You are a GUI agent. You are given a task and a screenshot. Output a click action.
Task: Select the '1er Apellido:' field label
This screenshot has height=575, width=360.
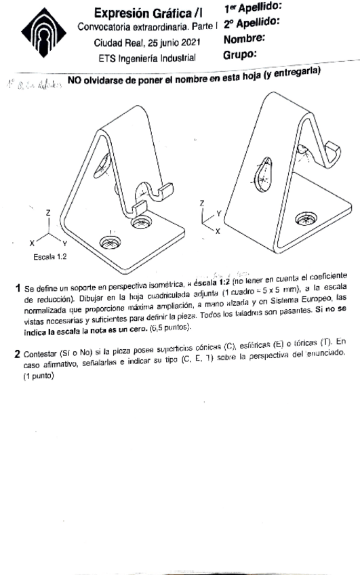252,8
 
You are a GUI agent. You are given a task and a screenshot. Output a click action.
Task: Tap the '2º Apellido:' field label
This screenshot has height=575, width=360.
253,24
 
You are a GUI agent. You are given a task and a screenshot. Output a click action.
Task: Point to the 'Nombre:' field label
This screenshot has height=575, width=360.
245,39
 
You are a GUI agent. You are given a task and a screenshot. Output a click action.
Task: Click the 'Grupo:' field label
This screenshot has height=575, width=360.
241,54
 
